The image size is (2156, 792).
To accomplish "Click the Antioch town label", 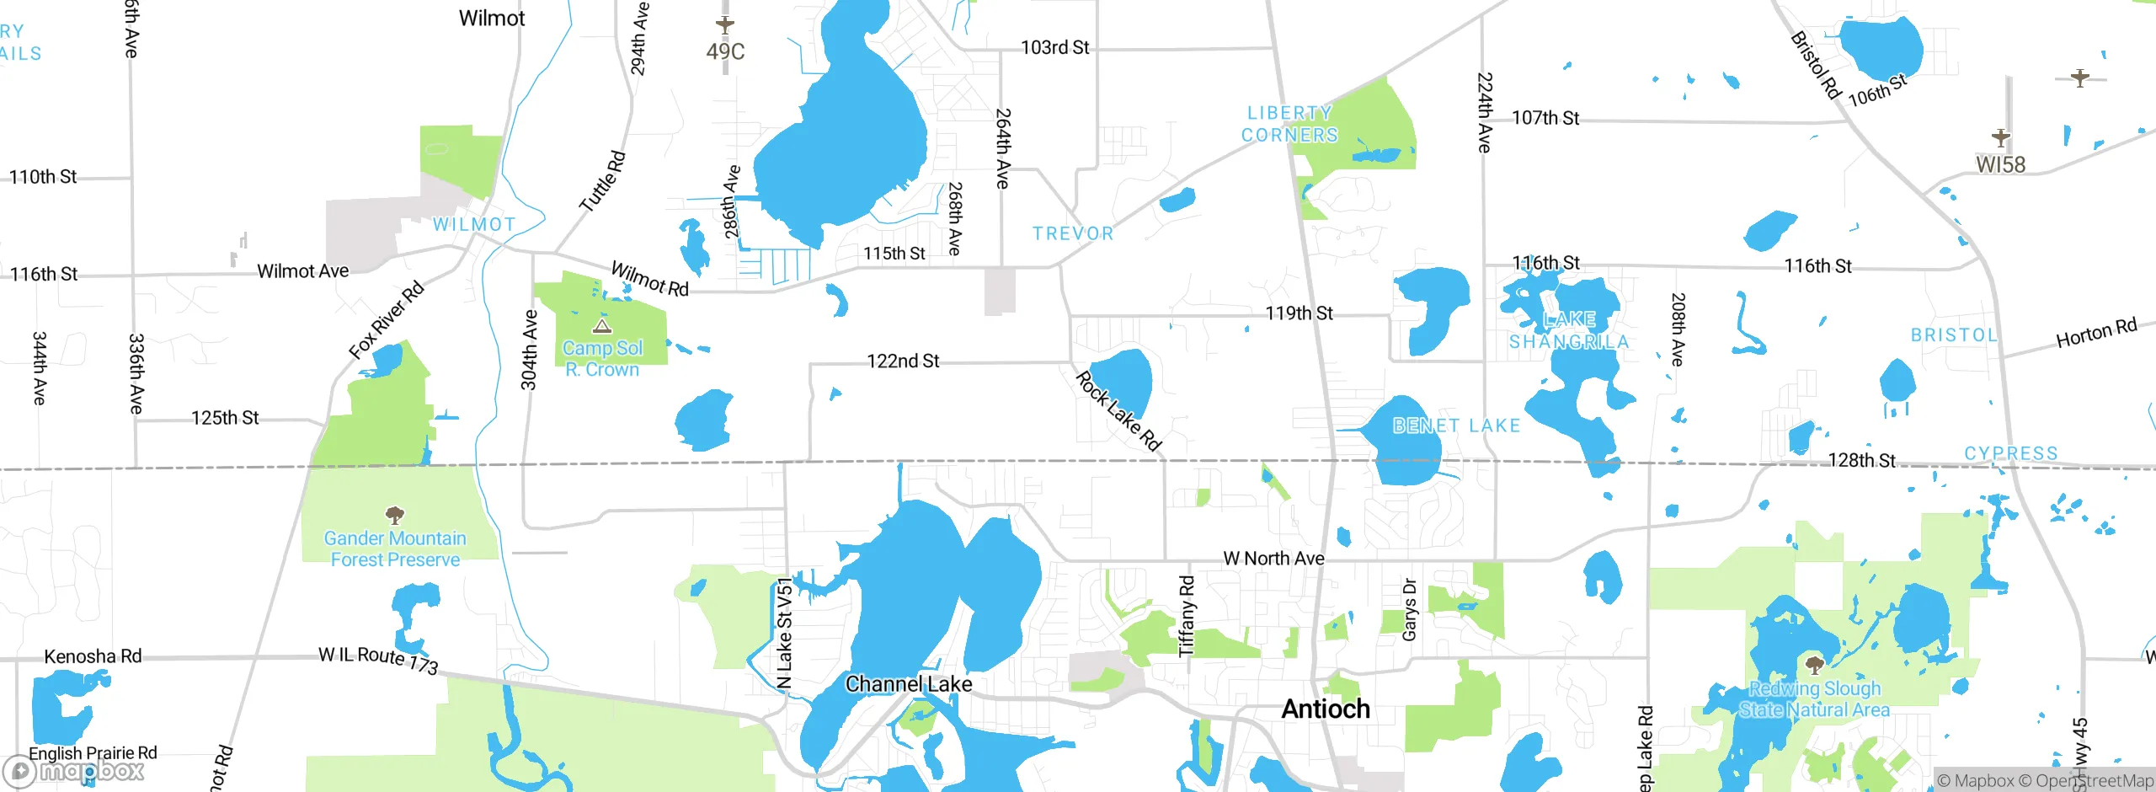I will (x=1326, y=709).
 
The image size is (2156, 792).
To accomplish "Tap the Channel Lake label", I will (x=909, y=684).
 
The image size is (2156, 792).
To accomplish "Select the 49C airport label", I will (x=725, y=51).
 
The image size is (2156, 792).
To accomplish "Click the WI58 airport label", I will (x=2001, y=164).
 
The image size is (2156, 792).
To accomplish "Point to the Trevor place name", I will (x=1073, y=233).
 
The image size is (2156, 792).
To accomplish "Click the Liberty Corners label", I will (x=1289, y=124).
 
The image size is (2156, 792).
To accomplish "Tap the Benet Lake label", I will (x=1456, y=425).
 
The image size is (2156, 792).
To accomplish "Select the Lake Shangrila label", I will (x=1569, y=330).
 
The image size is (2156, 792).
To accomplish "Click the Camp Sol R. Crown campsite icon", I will (x=602, y=326).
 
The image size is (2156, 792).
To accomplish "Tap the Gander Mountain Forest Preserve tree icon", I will (x=394, y=514).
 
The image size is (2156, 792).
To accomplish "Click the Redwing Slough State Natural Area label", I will (x=1815, y=699).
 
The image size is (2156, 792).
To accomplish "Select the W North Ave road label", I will (x=1273, y=558).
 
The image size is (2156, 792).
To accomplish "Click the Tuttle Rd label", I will (x=603, y=181).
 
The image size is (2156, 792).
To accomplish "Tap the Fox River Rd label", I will (x=387, y=320).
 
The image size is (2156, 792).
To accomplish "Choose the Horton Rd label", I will (x=2096, y=333).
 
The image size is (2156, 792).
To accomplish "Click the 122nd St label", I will (x=903, y=361).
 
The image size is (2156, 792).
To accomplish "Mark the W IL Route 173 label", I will (x=378, y=660).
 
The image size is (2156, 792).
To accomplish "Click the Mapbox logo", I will (x=74, y=770).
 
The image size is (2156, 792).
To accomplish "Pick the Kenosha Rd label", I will (x=93, y=656).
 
